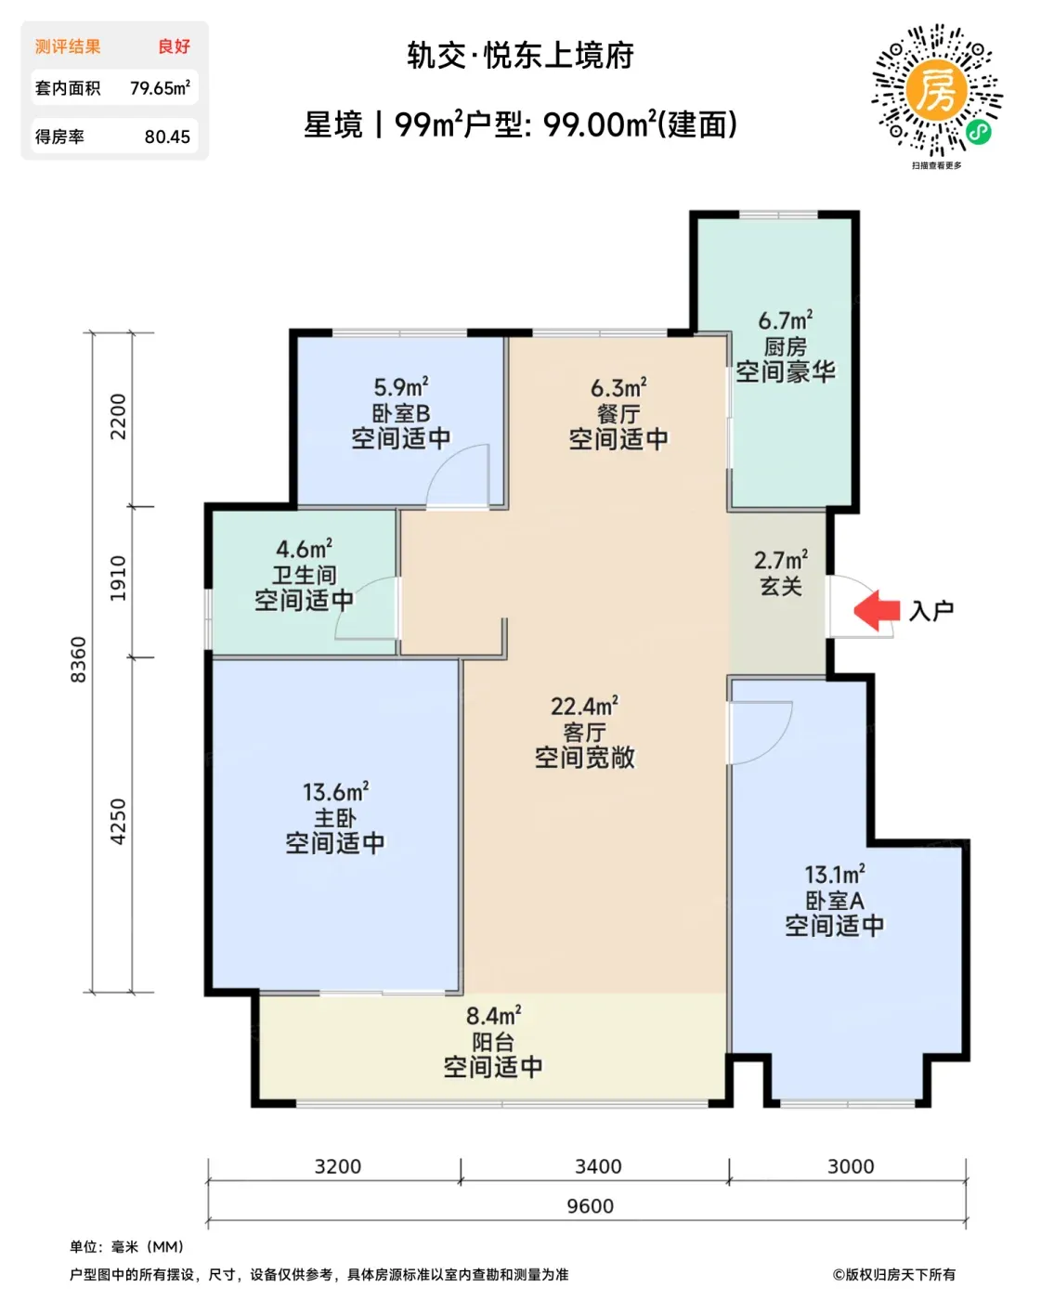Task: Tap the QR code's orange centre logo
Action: [936, 91]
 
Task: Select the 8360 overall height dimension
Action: [79, 659]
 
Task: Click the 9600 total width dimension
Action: [590, 1206]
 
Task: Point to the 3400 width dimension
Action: [597, 1166]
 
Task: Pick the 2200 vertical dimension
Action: [119, 417]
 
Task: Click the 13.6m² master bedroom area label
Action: [335, 791]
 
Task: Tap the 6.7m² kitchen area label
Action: [785, 320]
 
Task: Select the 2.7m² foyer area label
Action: [781, 560]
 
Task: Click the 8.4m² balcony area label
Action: [493, 1015]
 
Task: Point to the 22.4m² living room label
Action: [584, 706]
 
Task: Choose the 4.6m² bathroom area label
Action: [304, 549]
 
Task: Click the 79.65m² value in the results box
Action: [160, 87]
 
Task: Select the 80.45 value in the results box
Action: [167, 136]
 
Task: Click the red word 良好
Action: [174, 46]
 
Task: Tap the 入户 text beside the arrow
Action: [931, 611]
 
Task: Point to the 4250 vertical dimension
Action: [119, 822]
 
